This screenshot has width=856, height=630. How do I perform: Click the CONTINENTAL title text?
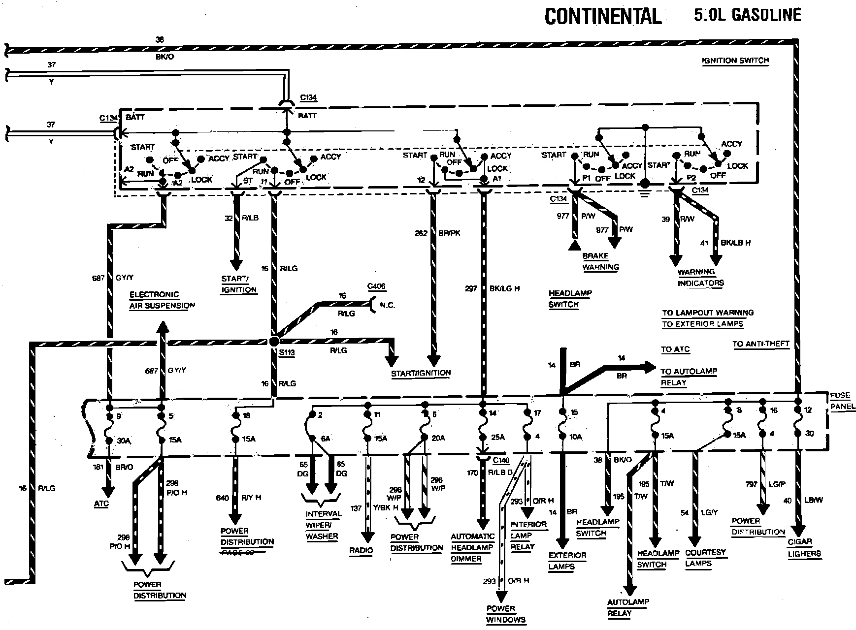point(602,16)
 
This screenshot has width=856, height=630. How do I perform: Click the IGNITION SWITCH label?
point(735,61)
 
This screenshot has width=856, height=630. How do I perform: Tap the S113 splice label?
point(286,352)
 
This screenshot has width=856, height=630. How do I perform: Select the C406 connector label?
point(376,286)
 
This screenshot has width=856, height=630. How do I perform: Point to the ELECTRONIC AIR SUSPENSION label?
point(162,300)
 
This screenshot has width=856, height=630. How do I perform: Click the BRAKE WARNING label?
point(600,261)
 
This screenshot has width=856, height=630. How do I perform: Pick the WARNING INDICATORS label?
point(700,278)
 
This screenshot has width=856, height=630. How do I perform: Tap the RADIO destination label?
point(361,550)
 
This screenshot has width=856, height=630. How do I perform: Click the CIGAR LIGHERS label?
point(803,547)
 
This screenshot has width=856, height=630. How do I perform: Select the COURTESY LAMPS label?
point(705,558)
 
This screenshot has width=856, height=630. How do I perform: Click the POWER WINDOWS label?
point(506,614)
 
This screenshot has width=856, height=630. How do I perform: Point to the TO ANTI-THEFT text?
point(760,344)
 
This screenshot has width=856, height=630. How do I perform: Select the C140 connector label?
point(501,460)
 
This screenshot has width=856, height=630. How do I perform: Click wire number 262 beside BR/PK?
point(421,233)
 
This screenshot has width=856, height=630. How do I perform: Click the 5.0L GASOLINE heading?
point(747,15)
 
